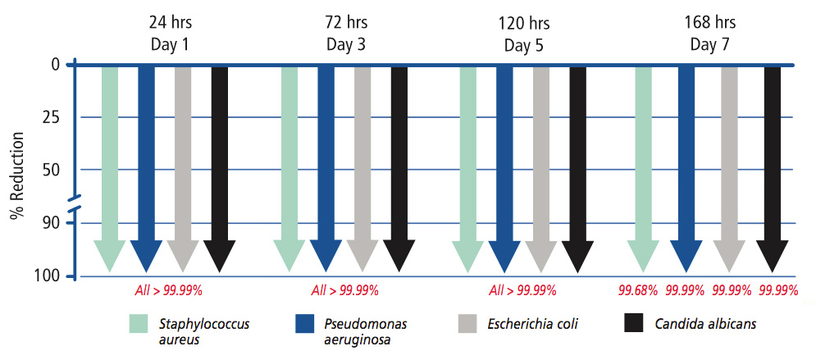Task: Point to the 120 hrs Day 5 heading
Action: click(521, 32)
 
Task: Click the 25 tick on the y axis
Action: click(51, 117)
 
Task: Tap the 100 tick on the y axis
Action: click(48, 276)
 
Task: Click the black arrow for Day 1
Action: click(219, 164)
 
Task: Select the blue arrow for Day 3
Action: click(326, 164)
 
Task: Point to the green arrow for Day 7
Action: click(643, 164)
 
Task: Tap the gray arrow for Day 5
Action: click(541, 164)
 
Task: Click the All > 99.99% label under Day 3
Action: click(344, 289)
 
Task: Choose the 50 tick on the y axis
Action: click(51, 170)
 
